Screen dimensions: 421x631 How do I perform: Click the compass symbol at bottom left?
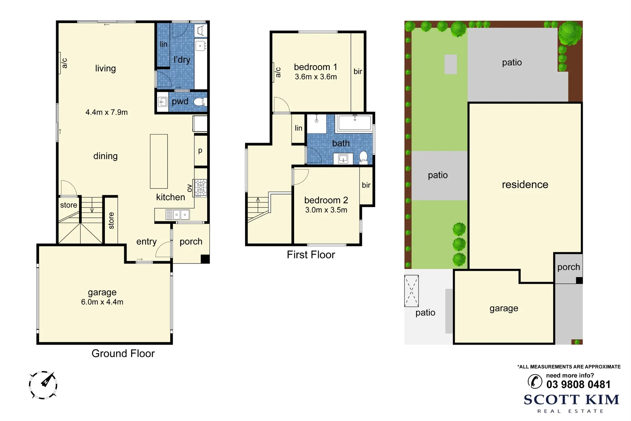[43, 385]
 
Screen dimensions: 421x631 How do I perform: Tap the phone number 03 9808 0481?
[578, 385]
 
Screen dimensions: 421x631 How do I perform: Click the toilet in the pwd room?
[199, 102]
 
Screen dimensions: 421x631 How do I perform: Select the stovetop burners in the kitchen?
[201, 188]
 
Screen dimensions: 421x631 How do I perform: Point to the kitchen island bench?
[159, 161]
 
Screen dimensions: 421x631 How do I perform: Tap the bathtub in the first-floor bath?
[355, 123]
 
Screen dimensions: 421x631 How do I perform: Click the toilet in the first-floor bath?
[363, 157]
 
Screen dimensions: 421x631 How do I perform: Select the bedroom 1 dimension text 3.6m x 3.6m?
[315, 77]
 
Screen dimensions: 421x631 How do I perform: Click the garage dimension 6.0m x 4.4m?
[102, 302]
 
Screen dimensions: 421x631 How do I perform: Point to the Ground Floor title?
[123, 354]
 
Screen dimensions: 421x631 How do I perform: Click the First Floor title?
[311, 255]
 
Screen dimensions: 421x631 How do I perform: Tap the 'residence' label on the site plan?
[525, 185]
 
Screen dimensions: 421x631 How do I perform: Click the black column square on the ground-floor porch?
[205, 259]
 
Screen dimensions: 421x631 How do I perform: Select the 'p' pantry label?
[200, 150]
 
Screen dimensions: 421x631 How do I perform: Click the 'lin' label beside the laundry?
[164, 44]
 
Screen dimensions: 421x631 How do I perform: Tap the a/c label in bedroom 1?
[278, 73]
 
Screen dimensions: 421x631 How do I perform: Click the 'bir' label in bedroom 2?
[366, 185]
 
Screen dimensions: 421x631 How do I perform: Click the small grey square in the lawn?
[451, 64]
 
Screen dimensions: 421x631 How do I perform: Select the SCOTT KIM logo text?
[571, 400]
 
